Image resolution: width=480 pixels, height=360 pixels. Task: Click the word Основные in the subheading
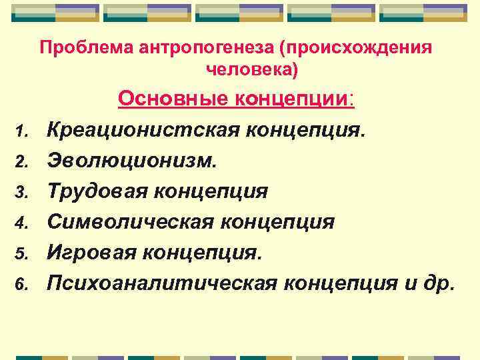coord(173,100)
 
